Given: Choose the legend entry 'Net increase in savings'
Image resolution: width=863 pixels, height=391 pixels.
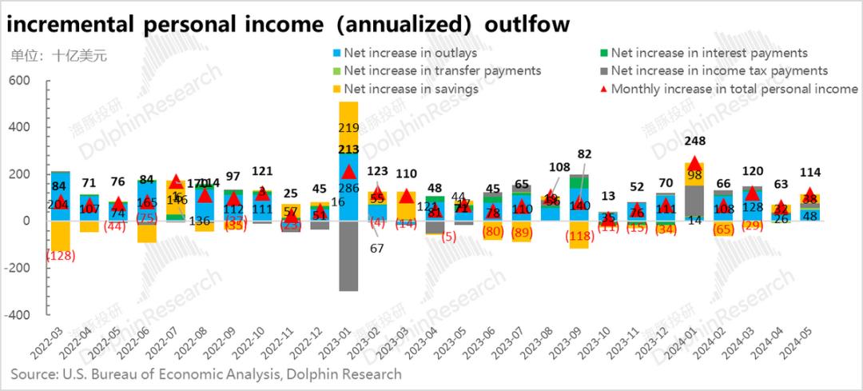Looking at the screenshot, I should click(411, 88).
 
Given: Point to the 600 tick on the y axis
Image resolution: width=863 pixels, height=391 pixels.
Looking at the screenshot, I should click(18, 81).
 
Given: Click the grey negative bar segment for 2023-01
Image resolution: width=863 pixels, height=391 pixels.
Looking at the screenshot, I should click(348, 256).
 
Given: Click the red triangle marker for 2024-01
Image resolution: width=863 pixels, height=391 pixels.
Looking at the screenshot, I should click(695, 162).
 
